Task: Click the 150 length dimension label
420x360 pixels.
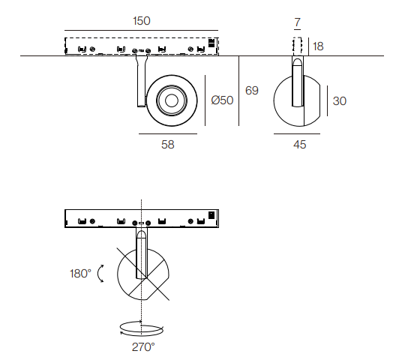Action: click(142, 21)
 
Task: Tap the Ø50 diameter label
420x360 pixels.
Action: click(222, 100)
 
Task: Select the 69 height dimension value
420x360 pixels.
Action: click(252, 91)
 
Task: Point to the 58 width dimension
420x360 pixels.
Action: click(168, 145)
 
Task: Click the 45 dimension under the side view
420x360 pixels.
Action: click(299, 145)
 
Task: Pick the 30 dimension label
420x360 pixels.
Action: click(339, 101)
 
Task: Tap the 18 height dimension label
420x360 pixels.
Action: click(318, 46)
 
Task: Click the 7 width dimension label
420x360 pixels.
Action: click(297, 22)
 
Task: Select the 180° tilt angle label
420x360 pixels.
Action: click(80, 274)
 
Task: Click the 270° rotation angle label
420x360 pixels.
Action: click(143, 347)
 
